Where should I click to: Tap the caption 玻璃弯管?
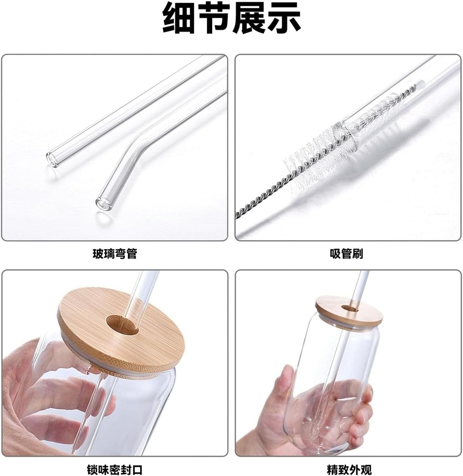coord(115,253)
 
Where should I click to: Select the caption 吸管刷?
coord(347,253)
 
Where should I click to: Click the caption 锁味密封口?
coord(114,469)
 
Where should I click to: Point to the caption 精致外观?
coord(349,469)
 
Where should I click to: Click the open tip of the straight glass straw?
coord(52,159)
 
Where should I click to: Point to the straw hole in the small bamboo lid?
coord(349,309)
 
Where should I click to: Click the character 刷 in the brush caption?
coord(357,253)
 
